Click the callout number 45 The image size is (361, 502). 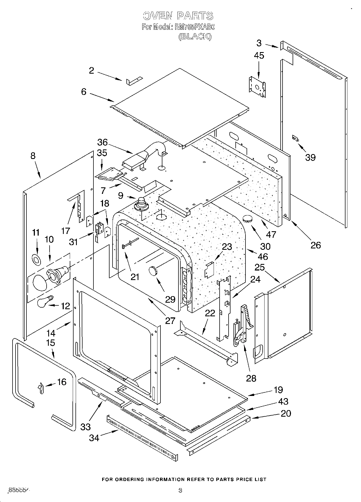click(x=259, y=55)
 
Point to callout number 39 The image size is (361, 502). click(x=310, y=157)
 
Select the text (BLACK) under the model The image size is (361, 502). click(x=195, y=36)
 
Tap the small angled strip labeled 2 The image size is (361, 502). click(x=134, y=80)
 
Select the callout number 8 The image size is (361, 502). click(x=33, y=156)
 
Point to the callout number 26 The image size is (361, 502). click(x=316, y=245)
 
